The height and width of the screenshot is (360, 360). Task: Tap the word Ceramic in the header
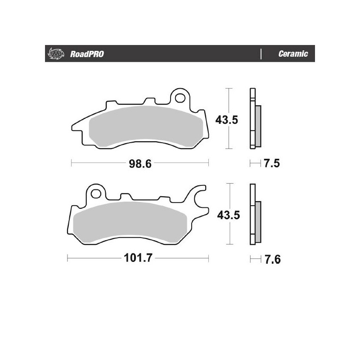pos(293,54)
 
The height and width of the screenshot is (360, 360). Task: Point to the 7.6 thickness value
pos(272,260)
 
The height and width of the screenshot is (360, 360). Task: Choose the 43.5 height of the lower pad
pos(228,215)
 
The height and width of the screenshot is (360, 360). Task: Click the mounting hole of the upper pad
pos(181,97)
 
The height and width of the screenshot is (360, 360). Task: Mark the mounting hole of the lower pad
pos(95,193)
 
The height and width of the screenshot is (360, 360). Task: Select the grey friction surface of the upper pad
pos(144,126)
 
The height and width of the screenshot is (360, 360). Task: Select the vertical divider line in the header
pos(261,54)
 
